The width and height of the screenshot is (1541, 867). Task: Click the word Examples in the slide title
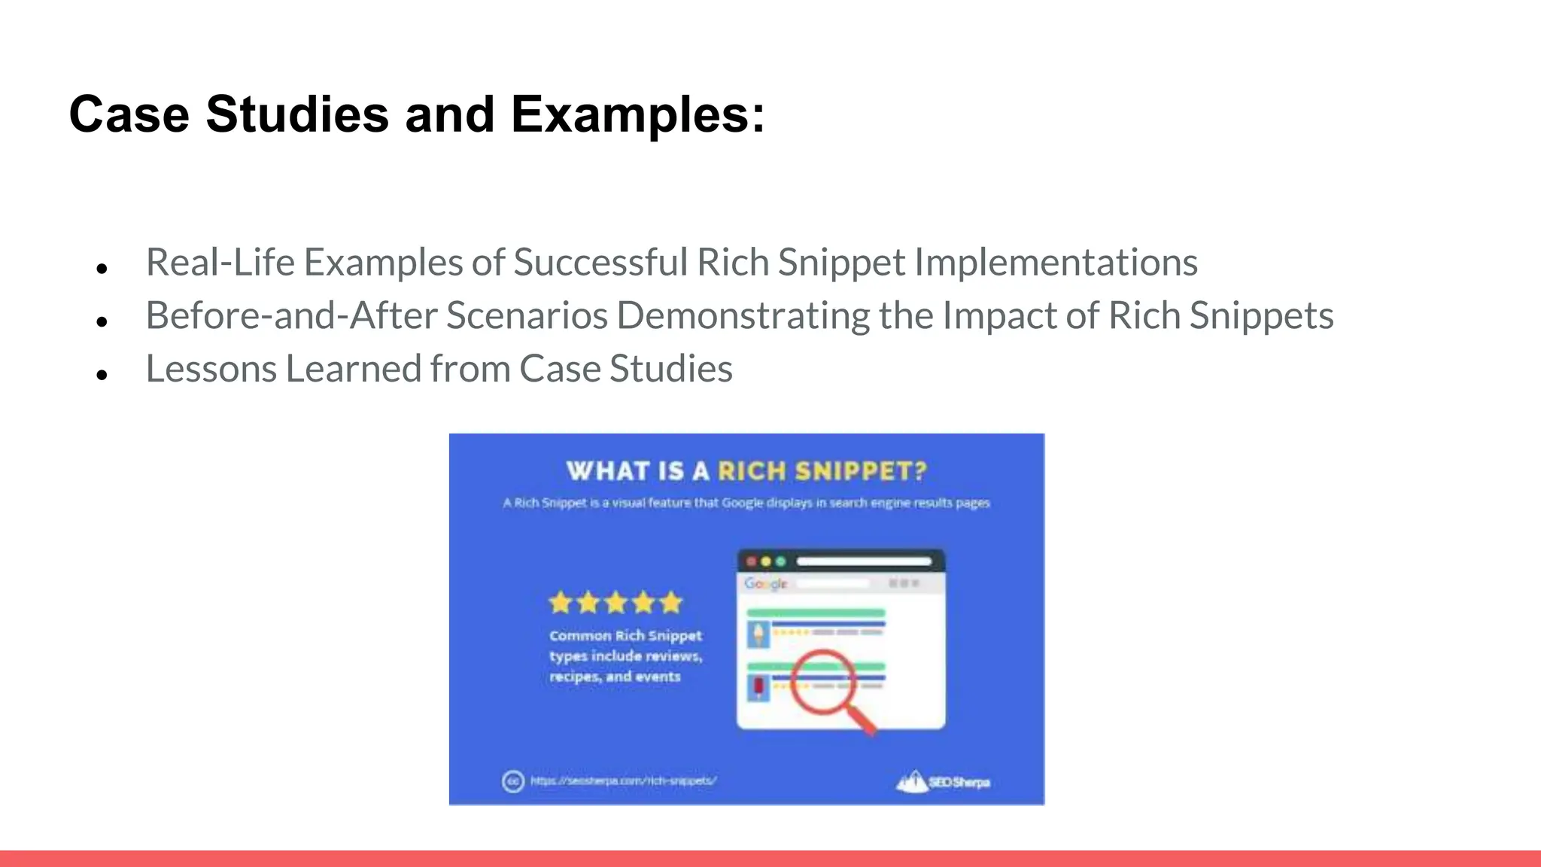tap(638, 115)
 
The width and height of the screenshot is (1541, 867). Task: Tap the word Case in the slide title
tap(129, 115)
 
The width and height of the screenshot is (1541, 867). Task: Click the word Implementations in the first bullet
tap(1056, 263)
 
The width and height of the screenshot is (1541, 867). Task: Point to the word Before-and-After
tap(291, 315)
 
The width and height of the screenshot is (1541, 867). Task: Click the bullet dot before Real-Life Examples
tap(102, 268)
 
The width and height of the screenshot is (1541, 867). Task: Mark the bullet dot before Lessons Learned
tap(102, 374)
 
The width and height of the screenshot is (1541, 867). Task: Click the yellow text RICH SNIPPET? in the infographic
tap(822, 471)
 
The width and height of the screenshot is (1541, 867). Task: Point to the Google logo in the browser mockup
tap(765, 583)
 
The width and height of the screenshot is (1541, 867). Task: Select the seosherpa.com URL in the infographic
tap(623, 781)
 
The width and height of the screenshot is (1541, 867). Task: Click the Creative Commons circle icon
tap(512, 781)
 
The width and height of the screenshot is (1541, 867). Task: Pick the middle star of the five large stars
tap(615, 603)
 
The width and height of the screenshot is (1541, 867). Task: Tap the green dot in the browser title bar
tap(780, 561)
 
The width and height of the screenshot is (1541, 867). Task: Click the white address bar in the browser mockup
tap(864, 561)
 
